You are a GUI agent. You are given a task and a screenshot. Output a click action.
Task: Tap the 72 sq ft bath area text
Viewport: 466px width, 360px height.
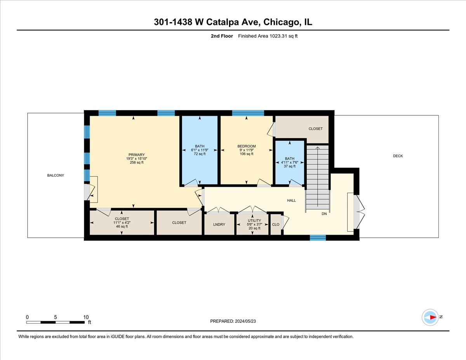click(200, 154)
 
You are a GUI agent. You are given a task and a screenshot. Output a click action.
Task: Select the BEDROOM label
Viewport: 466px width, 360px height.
click(247, 146)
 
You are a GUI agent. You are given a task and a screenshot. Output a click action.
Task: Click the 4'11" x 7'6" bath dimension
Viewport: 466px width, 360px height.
click(289, 162)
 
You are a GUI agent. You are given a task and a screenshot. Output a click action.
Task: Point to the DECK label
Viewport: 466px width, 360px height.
click(398, 156)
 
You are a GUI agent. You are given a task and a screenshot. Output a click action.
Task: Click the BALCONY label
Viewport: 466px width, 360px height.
click(56, 176)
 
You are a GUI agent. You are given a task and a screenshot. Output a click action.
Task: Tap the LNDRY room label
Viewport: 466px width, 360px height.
click(219, 224)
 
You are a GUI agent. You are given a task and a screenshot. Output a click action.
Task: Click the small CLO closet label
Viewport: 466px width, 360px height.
click(276, 224)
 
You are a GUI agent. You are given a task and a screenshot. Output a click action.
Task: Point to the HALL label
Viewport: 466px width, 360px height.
click(291, 201)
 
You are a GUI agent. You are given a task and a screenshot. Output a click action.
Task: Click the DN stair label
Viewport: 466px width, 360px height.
click(324, 214)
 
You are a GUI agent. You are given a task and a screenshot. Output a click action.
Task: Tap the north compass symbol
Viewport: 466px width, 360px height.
click(430, 317)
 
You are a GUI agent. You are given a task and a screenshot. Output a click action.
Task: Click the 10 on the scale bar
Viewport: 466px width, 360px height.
click(86, 317)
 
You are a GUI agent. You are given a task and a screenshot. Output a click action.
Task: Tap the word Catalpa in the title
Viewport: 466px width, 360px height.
click(223, 23)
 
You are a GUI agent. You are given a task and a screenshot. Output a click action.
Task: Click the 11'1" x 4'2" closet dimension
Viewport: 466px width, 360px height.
click(122, 223)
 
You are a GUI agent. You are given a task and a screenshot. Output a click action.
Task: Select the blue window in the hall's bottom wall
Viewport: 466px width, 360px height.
click(318, 238)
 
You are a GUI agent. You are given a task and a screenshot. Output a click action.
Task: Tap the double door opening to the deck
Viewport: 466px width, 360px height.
click(358, 212)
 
